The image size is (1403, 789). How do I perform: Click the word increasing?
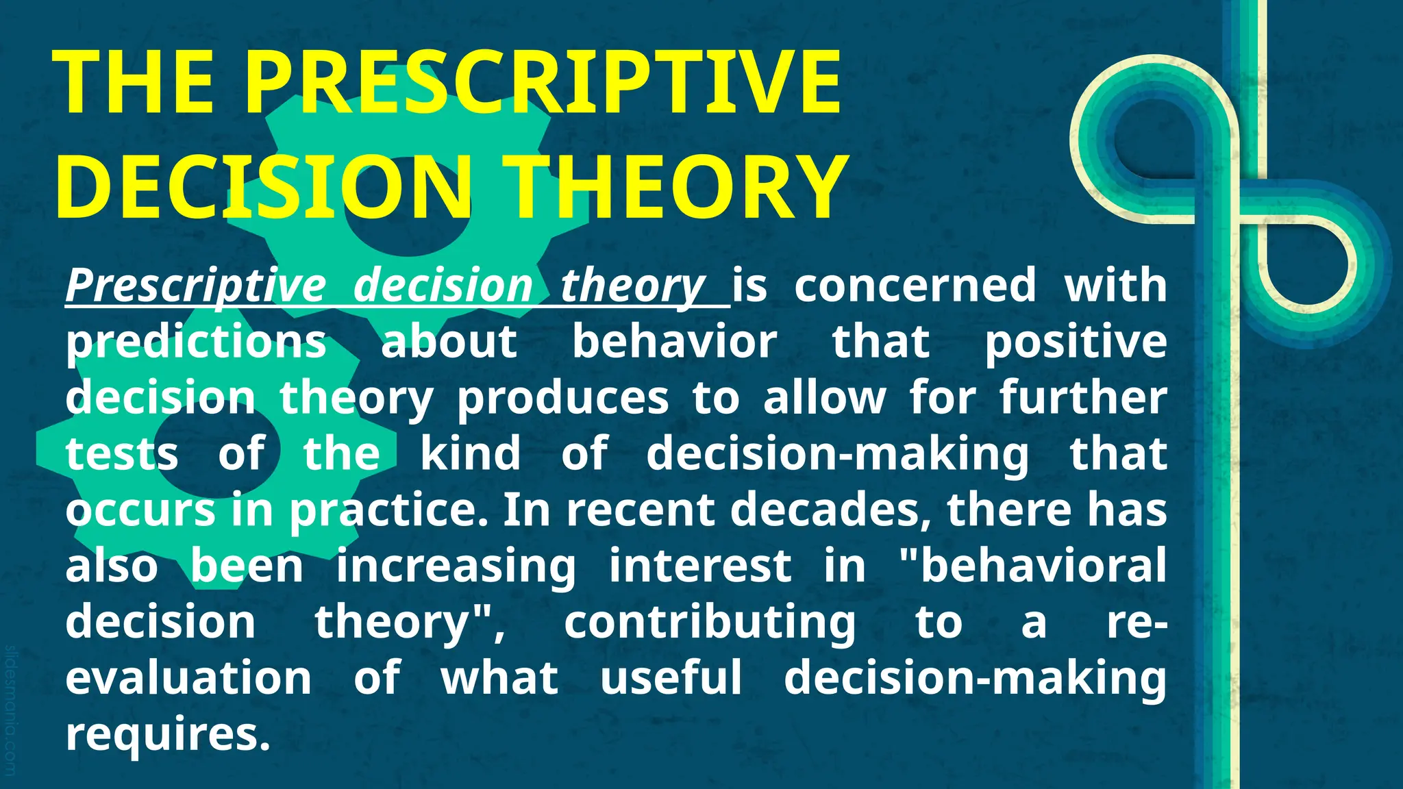pyautogui.click(x=456, y=566)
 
